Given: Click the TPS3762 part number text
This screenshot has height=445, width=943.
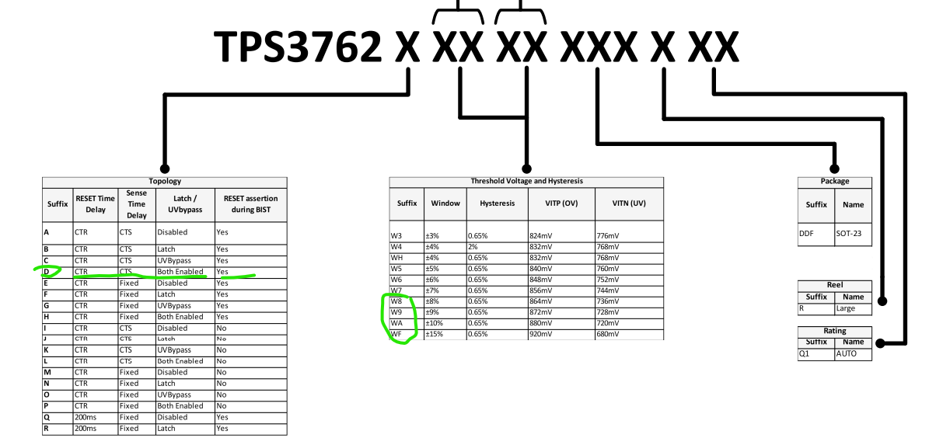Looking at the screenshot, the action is click(298, 47).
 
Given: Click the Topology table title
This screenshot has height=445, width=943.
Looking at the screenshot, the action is click(165, 181).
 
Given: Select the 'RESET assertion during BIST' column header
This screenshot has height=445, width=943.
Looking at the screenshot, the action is click(250, 204).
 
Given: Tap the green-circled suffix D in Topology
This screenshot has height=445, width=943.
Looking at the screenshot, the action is click(47, 272).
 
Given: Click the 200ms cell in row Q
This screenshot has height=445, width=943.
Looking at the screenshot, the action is click(86, 417).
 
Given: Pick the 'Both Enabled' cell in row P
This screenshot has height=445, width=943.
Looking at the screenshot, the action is click(180, 406).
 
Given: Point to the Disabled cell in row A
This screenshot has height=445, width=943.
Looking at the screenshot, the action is click(172, 232).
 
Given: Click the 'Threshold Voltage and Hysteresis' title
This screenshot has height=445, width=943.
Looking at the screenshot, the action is click(526, 181).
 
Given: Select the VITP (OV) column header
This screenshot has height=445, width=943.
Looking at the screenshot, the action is click(561, 203).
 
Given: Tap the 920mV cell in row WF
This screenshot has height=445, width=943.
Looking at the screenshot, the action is click(540, 335).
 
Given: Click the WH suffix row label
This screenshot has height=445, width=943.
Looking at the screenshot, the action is click(396, 258).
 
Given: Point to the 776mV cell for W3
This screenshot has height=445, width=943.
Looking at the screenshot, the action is click(607, 236).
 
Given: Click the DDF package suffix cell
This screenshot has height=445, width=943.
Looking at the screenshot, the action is click(806, 234).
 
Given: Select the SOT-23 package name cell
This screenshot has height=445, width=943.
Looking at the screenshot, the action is click(849, 234).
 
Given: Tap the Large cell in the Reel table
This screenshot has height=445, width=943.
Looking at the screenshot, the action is click(845, 308).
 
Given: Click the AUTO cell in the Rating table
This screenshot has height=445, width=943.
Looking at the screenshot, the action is click(846, 353).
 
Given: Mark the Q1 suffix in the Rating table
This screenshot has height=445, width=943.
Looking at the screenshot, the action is click(804, 353).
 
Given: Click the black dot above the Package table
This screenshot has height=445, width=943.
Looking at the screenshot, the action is click(834, 169).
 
